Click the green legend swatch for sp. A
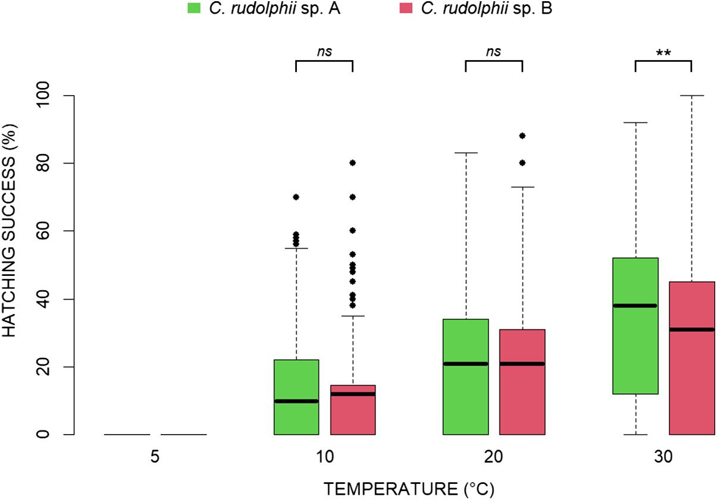click(x=193, y=8)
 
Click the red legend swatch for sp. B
click(x=406, y=8)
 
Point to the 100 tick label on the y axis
click(x=43, y=95)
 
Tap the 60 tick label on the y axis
click(x=43, y=231)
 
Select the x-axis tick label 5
click(x=155, y=457)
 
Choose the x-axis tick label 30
click(x=663, y=457)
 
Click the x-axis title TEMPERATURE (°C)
click(x=409, y=489)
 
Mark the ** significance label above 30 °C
click(x=663, y=52)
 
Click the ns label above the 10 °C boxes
click(x=324, y=52)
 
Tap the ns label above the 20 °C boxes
click(x=493, y=52)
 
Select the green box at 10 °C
click(x=296, y=397)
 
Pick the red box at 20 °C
click(x=522, y=382)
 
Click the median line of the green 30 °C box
click(x=635, y=306)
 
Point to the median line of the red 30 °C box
click(x=692, y=330)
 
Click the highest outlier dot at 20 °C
click(x=522, y=136)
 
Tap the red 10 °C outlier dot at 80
click(x=353, y=163)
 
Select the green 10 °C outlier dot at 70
click(x=296, y=197)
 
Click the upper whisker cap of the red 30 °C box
click(x=692, y=95)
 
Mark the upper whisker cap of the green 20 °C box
click(x=466, y=153)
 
